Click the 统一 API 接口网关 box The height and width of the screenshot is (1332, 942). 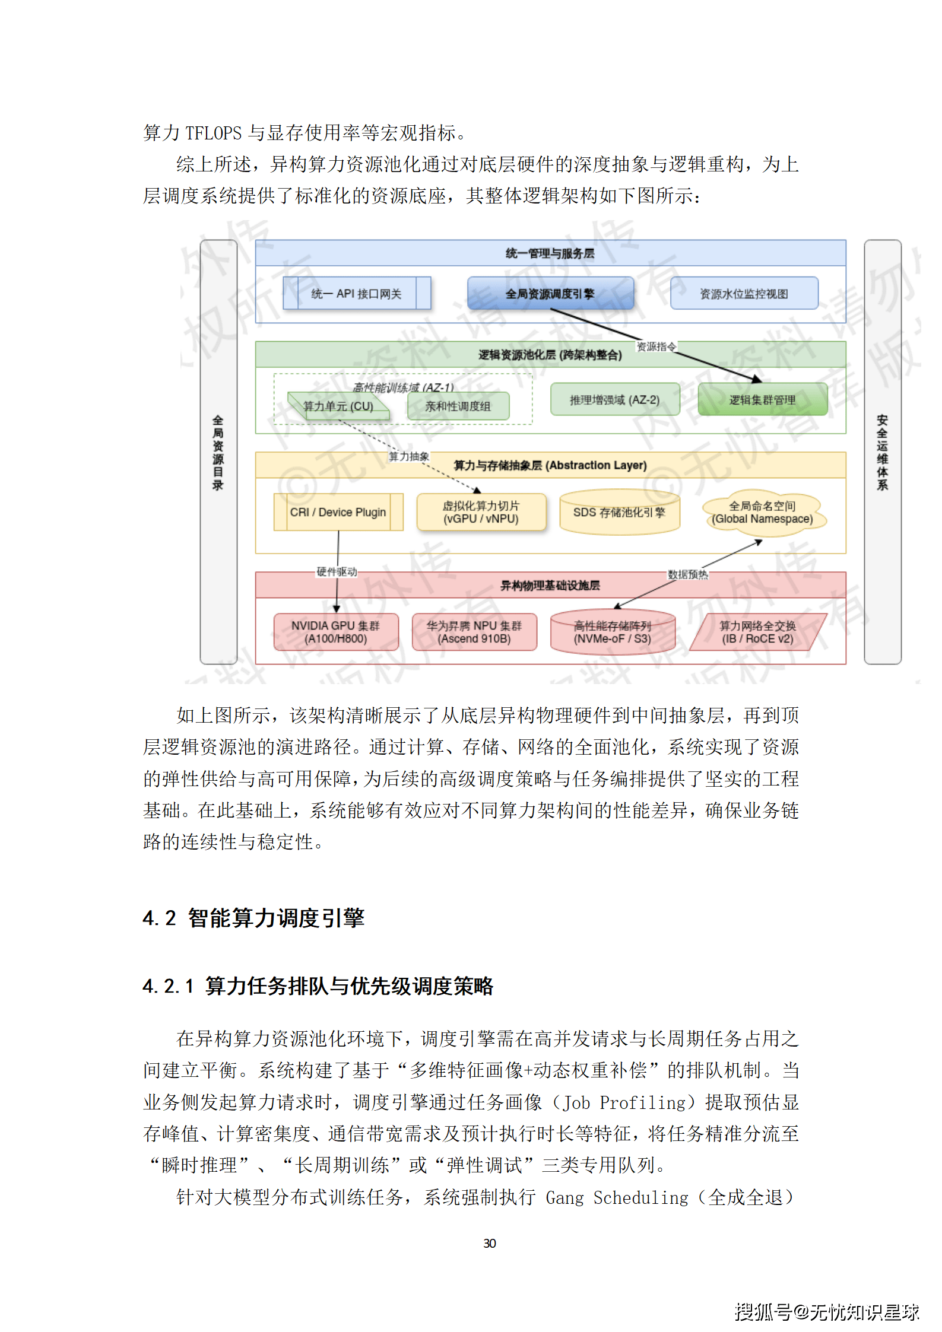pos(356,294)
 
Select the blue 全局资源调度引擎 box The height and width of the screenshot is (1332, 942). pos(550,294)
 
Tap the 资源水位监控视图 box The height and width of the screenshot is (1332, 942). pos(744,294)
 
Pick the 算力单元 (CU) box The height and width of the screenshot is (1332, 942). pos(338,406)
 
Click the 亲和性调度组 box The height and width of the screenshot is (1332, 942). pos(458,406)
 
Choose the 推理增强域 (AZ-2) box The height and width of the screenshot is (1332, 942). pos(614,400)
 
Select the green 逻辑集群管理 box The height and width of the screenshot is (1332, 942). pos(762,400)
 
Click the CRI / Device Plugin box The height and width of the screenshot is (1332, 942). pos(338,512)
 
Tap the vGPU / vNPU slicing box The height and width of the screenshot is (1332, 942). pos(481,512)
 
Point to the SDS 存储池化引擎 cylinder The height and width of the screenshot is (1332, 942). pos(619,512)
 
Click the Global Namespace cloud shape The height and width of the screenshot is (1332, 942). pos(762,513)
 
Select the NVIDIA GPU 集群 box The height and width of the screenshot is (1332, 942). pos(335,632)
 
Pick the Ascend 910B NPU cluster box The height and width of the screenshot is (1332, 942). pos(474,632)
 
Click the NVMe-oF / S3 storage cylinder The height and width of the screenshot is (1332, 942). pos(613,632)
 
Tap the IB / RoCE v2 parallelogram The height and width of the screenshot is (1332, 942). pos(757,632)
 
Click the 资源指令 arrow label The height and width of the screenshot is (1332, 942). pos(656,346)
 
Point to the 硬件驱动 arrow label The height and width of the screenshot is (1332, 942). pos(337,571)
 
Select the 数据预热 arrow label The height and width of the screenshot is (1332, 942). pos(688,574)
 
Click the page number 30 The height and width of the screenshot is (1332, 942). pos(490,1243)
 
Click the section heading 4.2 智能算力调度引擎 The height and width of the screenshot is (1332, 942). pos(253,918)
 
